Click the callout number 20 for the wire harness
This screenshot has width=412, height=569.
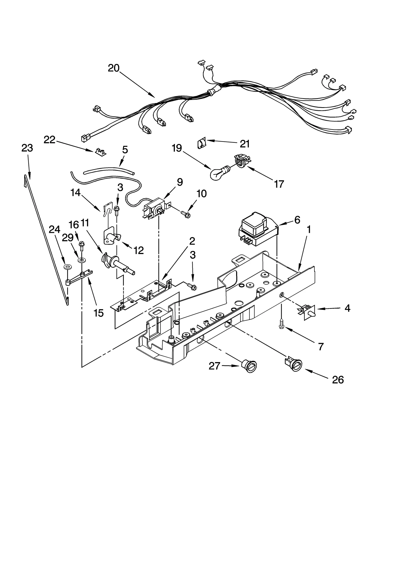click(114, 68)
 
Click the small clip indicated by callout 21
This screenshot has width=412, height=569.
click(202, 143)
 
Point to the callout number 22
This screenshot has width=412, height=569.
click(49, 140)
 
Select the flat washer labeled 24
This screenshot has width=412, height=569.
click(68, 267)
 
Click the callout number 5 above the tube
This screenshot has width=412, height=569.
click(125, 150)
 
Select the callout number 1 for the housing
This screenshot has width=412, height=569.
click(309, 229)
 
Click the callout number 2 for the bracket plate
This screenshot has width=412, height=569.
click(192, 241)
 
